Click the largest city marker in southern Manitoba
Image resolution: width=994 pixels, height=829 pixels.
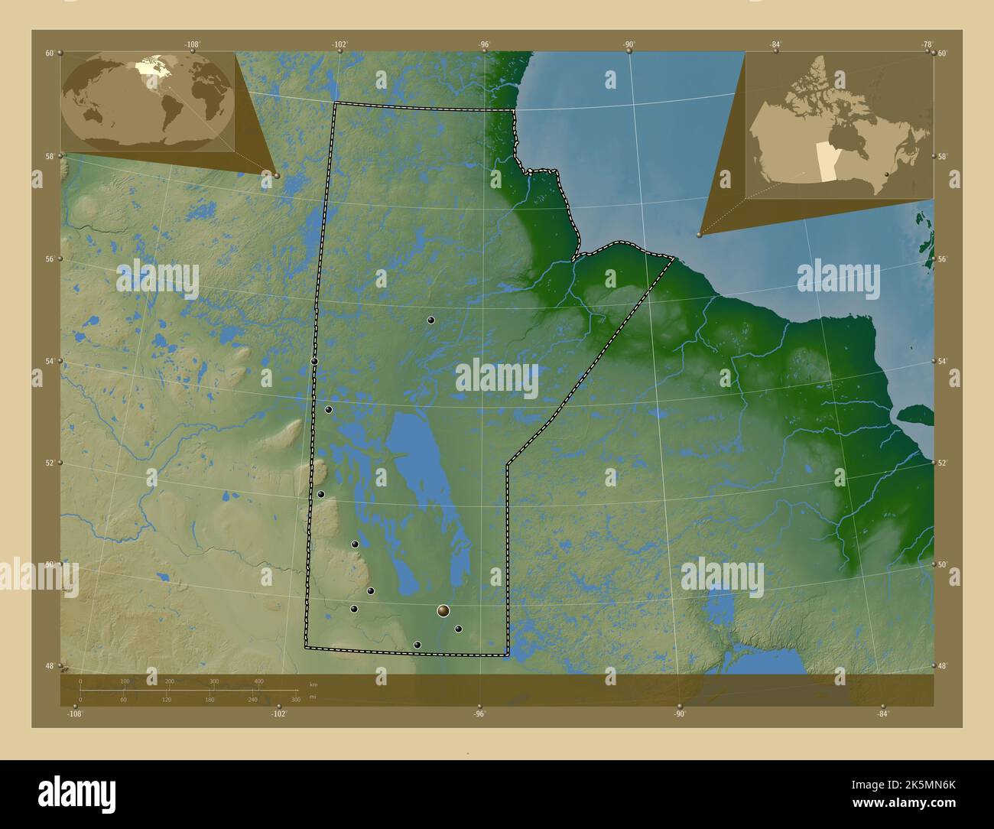(x=443, y=610)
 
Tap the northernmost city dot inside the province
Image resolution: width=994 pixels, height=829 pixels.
(x=431, y=320)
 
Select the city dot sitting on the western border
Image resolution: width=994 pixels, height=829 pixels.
(x=314, y=361)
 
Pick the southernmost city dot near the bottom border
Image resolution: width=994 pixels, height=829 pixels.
(x=417, y=645)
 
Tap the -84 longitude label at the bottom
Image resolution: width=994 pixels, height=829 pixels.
(x=882, y=714)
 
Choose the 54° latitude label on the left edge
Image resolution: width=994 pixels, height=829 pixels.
(x=50, y=361)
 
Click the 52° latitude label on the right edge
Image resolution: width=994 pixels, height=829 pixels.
(x=943, y=463)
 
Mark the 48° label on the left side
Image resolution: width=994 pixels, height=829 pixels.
(x=50, y=665)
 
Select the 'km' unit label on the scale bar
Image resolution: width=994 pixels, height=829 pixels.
(x=313, y=683)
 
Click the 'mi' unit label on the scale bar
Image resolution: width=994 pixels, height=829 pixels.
(x=313, y=697)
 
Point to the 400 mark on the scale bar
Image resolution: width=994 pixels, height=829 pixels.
(x=258, y=681)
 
